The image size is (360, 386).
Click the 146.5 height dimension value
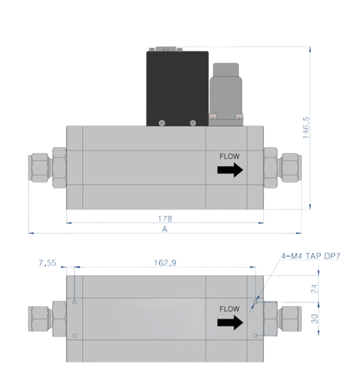tap(306, 128)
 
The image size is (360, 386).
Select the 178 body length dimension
tap(165, 219)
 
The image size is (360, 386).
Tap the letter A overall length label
tap(165, 230)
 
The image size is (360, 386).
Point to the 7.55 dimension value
tap(47, 263)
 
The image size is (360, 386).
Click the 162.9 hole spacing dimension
tap(165, 263)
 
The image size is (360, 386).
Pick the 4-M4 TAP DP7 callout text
tap(311, 256)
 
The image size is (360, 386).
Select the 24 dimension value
tap(314, 289)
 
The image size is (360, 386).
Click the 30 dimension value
tap(314, 319)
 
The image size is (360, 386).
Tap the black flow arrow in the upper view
tap(230, 170)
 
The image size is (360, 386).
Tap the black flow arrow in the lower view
tap(230, 323)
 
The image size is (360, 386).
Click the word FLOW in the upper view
tap(230, 156)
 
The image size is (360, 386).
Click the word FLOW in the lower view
tap(230, 309)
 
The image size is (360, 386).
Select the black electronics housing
tap(177, 88)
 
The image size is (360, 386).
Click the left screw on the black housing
tap(162, 123)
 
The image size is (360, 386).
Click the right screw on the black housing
tap(193, 123)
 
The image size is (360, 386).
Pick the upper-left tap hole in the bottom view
tap(75, 302)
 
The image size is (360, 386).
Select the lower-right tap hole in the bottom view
tap(255, 336)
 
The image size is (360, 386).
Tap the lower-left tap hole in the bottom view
tap(75, 336)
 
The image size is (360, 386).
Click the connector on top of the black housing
tap(166, 49)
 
